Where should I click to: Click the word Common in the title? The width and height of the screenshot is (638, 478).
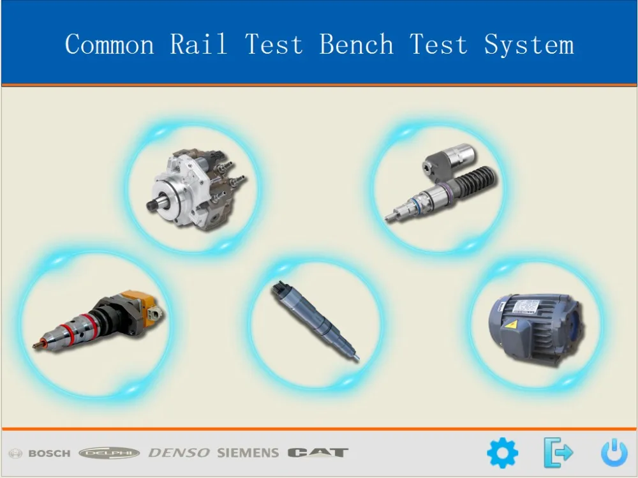(x=109, y=45)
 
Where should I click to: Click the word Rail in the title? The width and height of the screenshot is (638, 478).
(x=198, y=45)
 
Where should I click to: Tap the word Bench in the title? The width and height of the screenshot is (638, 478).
(x=356, y=45)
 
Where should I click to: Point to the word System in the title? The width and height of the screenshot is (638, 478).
(x=528, y=45)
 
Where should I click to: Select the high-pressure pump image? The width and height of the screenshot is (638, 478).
(x=195, y=189)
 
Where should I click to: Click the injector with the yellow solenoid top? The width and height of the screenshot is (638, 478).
(x=99, y=323)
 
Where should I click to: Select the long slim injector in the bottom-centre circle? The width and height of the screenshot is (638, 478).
(x=313, y=322)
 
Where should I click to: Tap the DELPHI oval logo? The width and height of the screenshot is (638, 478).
(x=109, y=453)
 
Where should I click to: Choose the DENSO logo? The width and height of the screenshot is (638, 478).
(x=179, y=453)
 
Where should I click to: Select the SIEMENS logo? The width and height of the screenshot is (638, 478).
(x=248, y=453)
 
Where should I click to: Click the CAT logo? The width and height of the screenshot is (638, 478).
(x=318, y=453)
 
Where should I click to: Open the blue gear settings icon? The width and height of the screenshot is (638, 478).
(x=503, y=453)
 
